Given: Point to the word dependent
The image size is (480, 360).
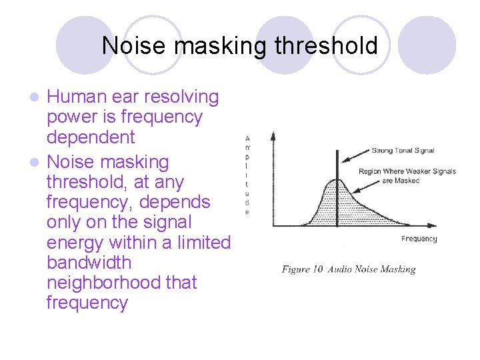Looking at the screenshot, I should [x=91, y=138].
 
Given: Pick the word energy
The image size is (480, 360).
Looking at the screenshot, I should [x=75, y=243].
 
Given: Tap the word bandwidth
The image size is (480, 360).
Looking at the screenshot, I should [x=89, y=263].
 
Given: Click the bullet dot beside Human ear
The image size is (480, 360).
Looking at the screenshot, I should [x=38, y=98].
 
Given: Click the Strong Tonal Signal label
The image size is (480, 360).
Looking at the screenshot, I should [x=402, y=150].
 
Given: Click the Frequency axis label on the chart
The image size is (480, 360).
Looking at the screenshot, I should [x=419, y=239].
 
